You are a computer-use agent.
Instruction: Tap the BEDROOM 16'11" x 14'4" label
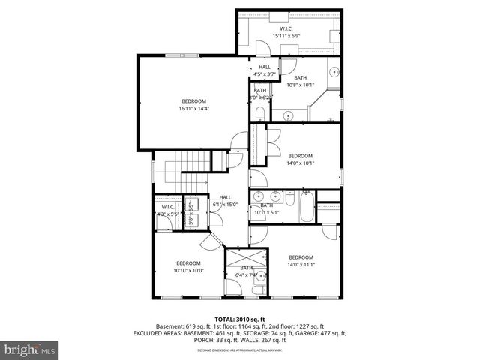pyautogui.click(x=193, y=104)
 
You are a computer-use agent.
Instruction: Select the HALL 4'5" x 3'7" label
pyautogui.click(x=265, y=70)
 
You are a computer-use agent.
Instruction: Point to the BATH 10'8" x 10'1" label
pyautogui.click(x=300, y=81)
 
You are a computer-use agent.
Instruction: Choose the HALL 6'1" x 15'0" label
pyautogui.click(x=225, y=200)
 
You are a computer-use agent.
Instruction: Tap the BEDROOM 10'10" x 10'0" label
pyautogui.click(x=188, y=266)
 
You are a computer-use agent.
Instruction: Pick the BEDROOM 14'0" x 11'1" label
pyautogui.click(x=300, y=260)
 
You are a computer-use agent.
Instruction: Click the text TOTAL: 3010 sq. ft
pyautogui.click(x=240, y=319)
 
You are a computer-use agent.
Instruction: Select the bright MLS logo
pyautogui.click(x=30, y=349)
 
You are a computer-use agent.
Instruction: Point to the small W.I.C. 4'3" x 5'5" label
pyautogui.click(x=165, y=211)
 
